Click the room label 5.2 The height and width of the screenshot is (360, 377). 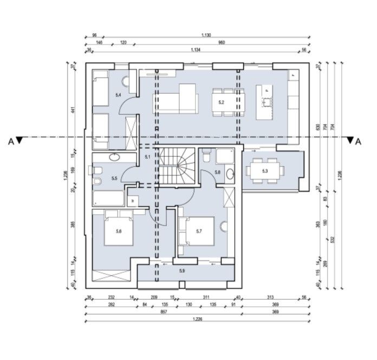click(x=220, y=101)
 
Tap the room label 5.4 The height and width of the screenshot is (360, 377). click(x=118, y=95)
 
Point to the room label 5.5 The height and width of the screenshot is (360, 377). click(x=114, y=178)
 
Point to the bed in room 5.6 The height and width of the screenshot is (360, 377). click(x=119, y=230)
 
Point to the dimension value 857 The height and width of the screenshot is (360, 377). click(x=162, y=313)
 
